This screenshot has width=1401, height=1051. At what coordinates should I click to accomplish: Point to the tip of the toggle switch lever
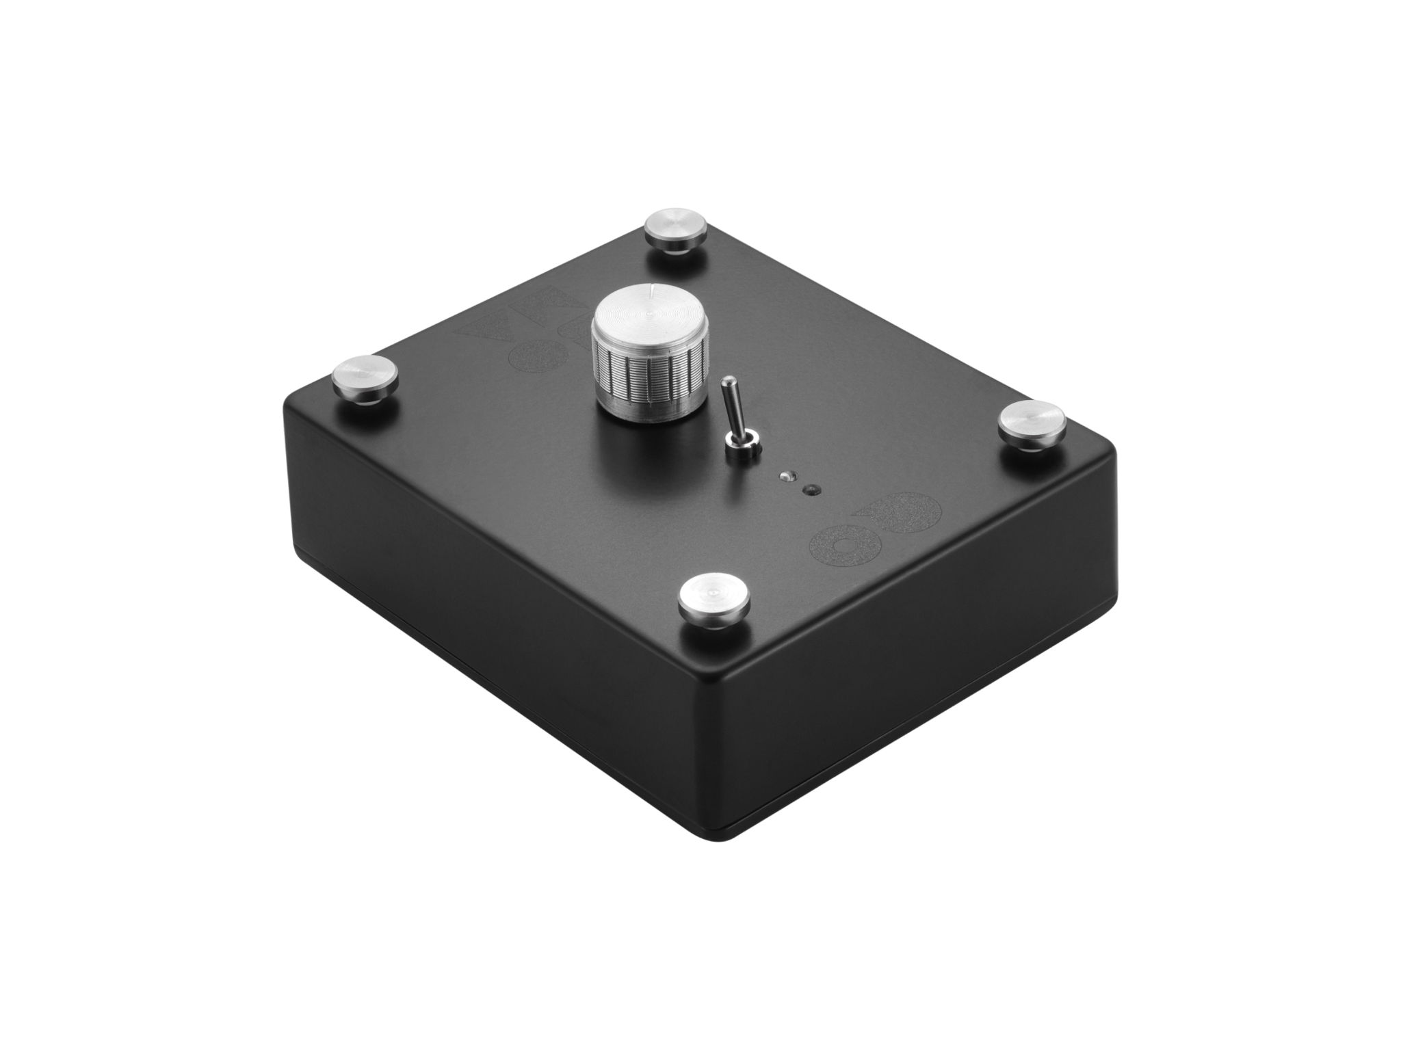point(729,384)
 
